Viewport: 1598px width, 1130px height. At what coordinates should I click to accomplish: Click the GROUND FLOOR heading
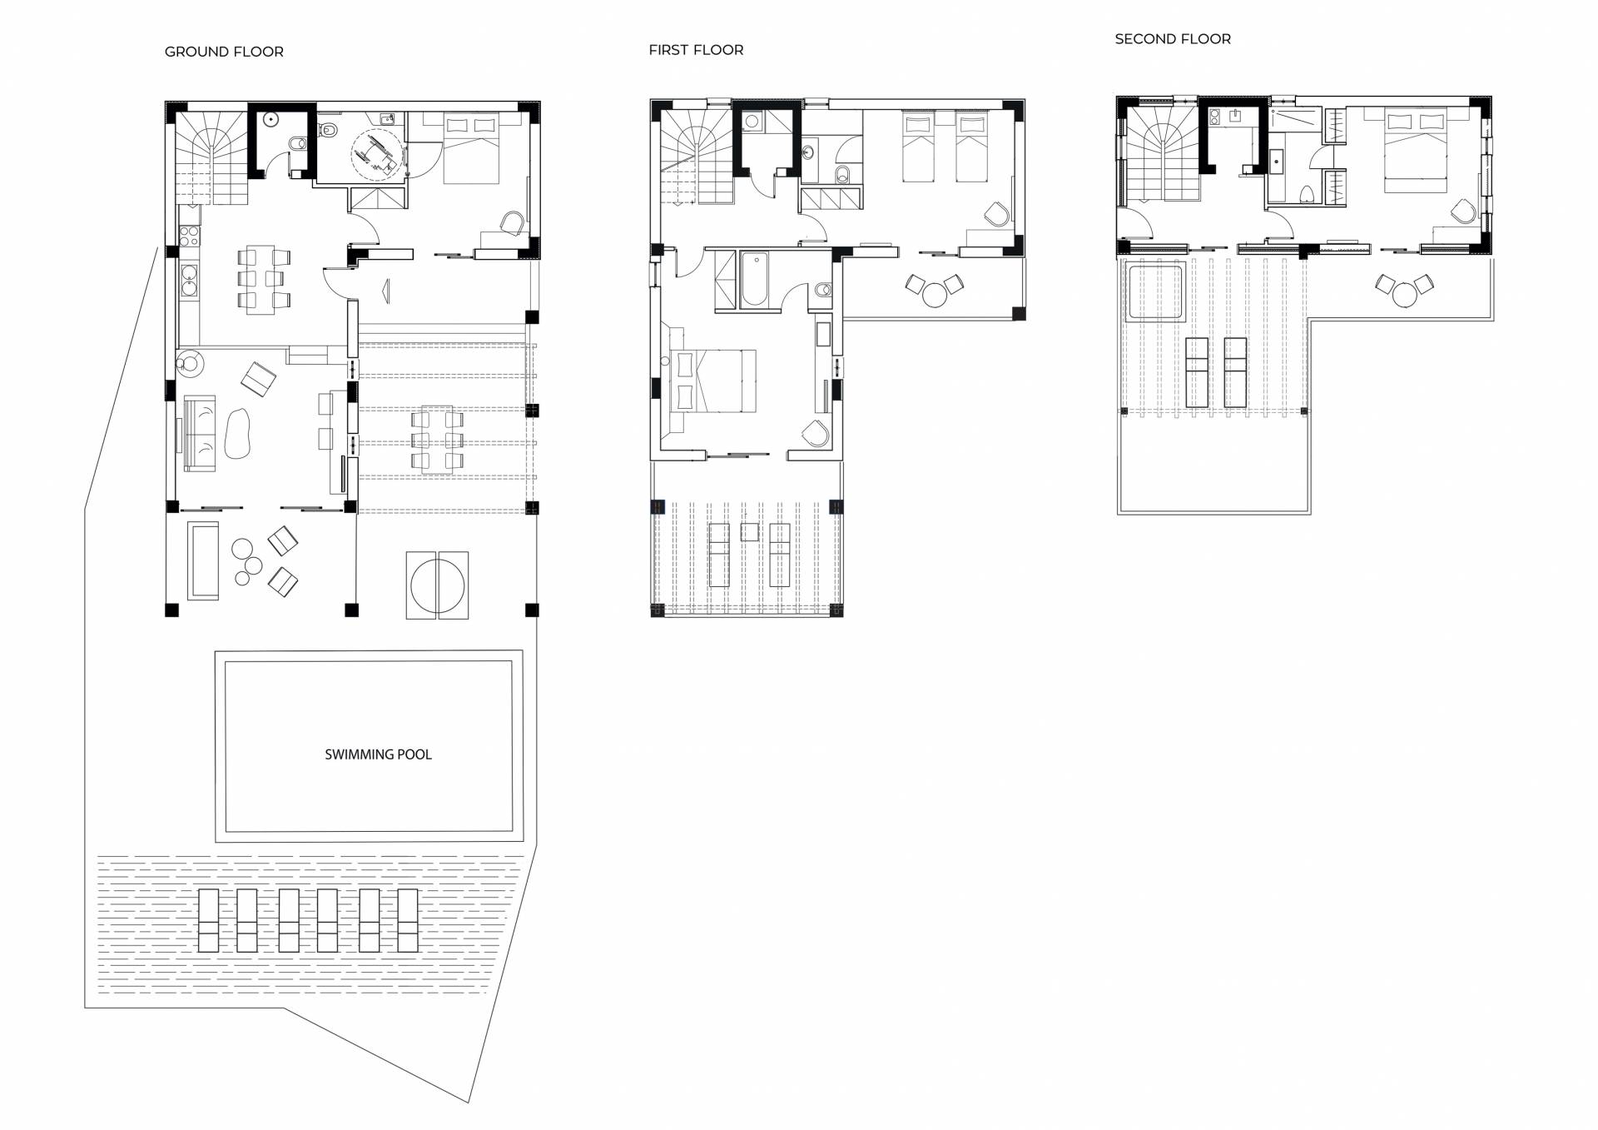(224, 52)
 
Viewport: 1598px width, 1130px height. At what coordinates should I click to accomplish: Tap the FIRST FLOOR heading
(696, 50)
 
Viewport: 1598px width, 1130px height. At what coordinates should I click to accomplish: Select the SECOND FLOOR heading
(1173, 39)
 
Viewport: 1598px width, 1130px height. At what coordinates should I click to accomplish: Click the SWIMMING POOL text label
(378, 754)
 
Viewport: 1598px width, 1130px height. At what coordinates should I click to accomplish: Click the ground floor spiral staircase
(211, 158)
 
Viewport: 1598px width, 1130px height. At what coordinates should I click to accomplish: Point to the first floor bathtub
(754, 279)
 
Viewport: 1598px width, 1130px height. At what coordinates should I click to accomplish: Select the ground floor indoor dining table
(261, 279)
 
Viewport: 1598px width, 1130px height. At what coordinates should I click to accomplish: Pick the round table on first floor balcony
(935, 295)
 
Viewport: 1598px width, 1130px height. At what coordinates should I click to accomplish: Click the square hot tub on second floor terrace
(1154, 291)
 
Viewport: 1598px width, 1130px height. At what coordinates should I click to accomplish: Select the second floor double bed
(1415, 150)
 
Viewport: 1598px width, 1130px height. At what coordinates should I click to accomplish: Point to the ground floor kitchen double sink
(188, 280)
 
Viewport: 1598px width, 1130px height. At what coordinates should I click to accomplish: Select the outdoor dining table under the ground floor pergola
(437, 440)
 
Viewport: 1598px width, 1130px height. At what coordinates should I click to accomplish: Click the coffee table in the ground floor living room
(237, 433)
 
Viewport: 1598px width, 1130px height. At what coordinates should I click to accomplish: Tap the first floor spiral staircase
(697, 157)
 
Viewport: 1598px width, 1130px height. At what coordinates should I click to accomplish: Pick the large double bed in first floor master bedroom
(713, 381)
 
